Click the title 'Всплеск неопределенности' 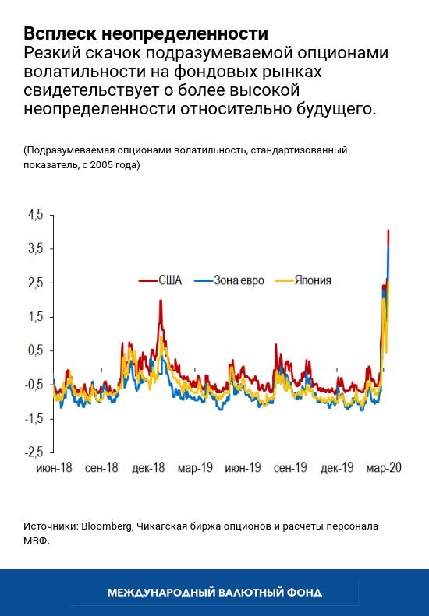point(146,34)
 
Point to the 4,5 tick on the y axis point(36,215)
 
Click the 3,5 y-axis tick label point(36,249)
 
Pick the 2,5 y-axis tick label point(36,283)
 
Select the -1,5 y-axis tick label point(34,418)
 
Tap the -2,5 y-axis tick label point(34,452)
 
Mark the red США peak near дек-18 point(161,301)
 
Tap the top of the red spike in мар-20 point(388,231)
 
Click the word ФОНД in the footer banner point(305,593)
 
